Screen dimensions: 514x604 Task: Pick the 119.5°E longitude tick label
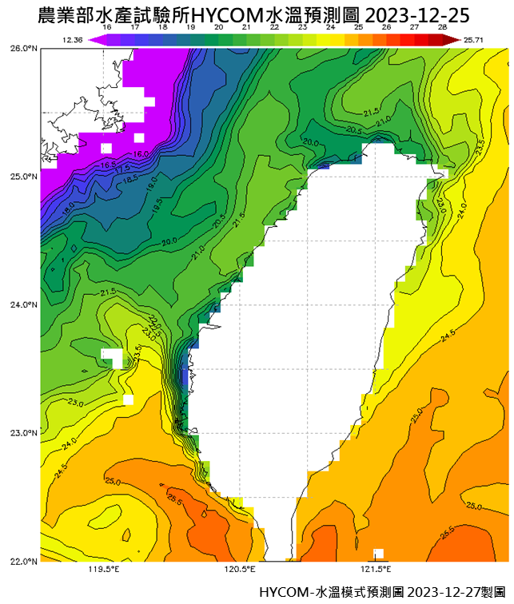[x=104, y=570]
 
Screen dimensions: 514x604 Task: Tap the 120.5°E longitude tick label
[x=239, y=570]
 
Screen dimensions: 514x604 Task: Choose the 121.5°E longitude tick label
[x=374, y=570]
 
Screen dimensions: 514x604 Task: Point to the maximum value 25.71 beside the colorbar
[x=474, y=39]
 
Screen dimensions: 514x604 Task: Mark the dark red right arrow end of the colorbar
[x=454, y=38]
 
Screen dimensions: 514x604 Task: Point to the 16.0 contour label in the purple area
[x=141, y=153]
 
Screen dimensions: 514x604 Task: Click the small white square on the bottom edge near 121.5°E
[x=378, y=554]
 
